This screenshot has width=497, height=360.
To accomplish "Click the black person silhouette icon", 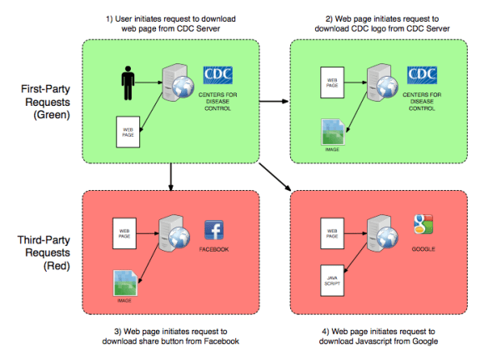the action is pyautogui.click(x=128, y=83).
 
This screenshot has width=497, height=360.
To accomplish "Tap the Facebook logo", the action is pyautogui.click(x=214, y=230).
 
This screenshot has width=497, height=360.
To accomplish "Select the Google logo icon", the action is pyautogui.click(x=423, y=224).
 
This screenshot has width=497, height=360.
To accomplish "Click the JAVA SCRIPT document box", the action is pyautogui.click(x=332, y=281).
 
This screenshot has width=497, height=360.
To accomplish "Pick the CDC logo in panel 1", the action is pyautogui.click(x=218, y=75).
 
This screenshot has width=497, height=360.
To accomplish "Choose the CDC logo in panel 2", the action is pyautogui.click(x=422, y=75).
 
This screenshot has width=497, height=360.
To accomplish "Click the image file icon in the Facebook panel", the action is pyautogui.click(x=125, y=282).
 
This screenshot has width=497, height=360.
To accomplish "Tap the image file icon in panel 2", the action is pyautogui.click(x=333, y=132).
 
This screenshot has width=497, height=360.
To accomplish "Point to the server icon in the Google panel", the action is pyautogui.click(x=382, y=233).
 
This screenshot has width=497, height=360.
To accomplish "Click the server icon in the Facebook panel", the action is pyautogui.click(x=174, y=233).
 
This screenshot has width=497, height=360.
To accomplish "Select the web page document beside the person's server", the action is pyautogui.click(x=128, y=132).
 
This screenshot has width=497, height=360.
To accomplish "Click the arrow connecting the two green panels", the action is pyautogui.click(x=274, y=102).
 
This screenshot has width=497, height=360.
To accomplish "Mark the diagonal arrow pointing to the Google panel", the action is pyautogui.click(x=275, y=177).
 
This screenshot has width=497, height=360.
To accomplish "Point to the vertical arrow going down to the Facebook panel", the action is pyautogui.click(x=171, y=177).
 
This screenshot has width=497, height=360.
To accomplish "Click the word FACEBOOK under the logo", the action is pyautogui.click(x=214, y=249).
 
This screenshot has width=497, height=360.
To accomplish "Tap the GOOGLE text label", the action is pyautogui.click(x=424, y=249).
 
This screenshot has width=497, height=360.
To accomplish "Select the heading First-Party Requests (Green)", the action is pyautogui.click(x=47, y=102).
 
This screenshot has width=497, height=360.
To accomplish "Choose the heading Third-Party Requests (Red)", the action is pyautogui.click(x=44, y=252).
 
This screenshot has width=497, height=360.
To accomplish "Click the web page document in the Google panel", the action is pyautogui.click(x=332, y=233).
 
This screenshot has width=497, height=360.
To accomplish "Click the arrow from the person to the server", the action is pyautogui.click(x=148, y=82).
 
